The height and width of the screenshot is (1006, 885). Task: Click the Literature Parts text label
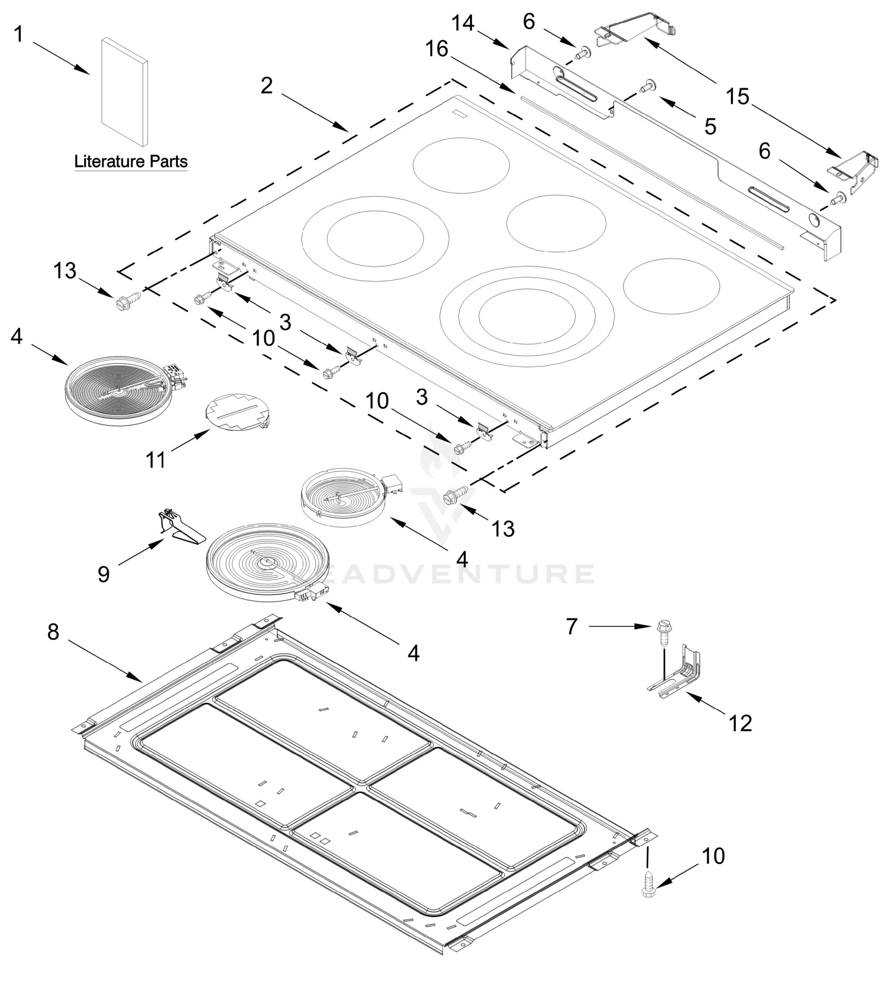tap(130, 161)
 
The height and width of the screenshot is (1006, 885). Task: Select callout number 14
tap(463, 23)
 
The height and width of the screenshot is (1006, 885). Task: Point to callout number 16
tap(436, 49)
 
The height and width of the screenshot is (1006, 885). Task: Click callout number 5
tap(710, 127)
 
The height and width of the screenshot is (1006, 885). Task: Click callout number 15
tap(737, 97)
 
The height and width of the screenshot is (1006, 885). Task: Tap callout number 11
tap(156, 460)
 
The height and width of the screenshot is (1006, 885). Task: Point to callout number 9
tap(104, 574)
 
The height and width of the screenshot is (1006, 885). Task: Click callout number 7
tap(571, 627)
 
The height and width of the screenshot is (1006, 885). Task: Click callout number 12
tap(740, 723)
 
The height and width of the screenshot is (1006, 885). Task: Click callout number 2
tap(266, 86)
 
